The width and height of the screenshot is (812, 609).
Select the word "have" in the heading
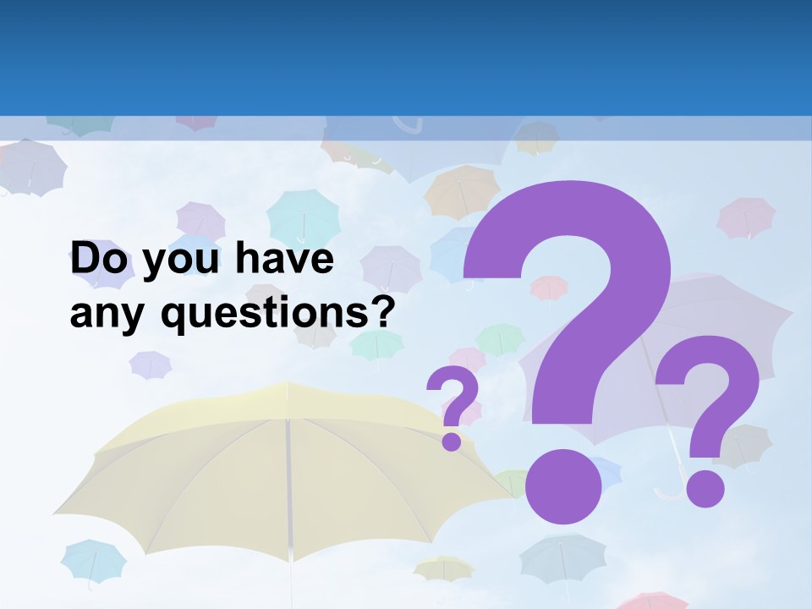[x=285, y=260]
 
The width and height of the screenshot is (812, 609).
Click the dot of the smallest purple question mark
[x=453, y=441]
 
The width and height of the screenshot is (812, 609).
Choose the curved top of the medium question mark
[x=710, y=372]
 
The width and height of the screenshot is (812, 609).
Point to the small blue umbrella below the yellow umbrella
[x=93, y=558]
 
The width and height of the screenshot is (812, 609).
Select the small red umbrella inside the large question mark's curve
[x=549, y=288]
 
